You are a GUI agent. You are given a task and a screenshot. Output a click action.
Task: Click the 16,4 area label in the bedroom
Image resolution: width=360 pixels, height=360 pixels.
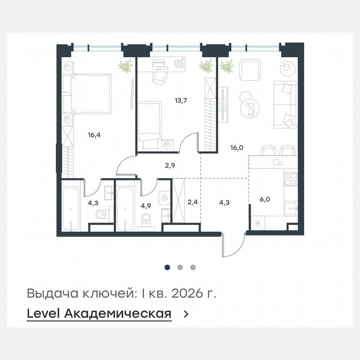[95, 135]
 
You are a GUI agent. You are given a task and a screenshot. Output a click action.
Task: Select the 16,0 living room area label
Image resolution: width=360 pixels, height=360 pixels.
[238, 147]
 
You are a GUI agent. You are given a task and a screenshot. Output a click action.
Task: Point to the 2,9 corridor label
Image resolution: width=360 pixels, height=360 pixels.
[170, 165]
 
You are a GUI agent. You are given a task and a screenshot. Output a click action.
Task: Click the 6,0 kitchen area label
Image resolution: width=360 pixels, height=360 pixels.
[265, 199]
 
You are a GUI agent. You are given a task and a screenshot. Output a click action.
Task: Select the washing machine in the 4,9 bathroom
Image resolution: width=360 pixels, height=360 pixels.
[165, 197]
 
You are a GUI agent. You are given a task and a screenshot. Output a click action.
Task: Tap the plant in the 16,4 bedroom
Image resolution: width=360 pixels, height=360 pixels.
[125, 66]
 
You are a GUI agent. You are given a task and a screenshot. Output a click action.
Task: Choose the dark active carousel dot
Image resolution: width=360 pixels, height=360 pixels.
[167, 267]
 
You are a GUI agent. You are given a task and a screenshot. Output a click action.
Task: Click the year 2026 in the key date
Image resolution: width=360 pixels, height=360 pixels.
[189, 293]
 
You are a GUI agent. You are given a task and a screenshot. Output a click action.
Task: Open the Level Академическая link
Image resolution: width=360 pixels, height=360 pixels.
[99, 314]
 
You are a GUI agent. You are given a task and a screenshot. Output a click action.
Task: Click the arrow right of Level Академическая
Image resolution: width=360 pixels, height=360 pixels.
[186, 314]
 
